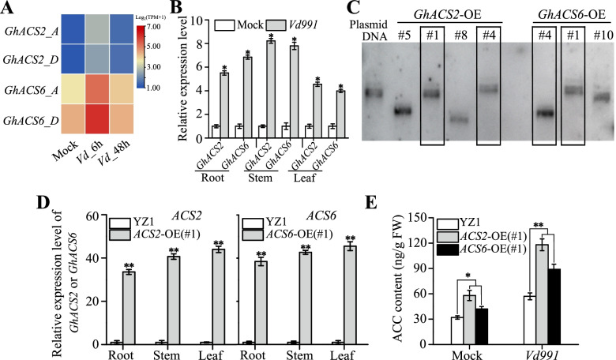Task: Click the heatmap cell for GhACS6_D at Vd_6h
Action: pyautogui.click(x=92, y=122)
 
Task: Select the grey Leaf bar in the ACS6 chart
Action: pyautogui.click(x=348, y=295)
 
